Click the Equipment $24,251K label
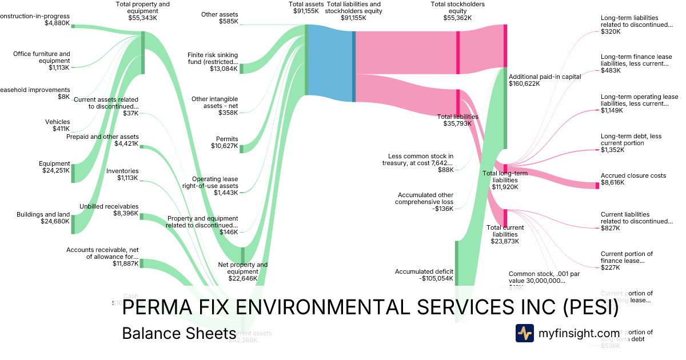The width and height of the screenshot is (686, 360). [x=56, y=167]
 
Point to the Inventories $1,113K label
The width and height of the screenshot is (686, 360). [x=122, y=174]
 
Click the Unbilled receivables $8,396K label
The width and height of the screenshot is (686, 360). [x=109, y=210]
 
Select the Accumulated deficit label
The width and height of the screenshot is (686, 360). [x=424, y=275]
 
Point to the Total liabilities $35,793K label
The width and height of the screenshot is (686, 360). [x=457, y=120]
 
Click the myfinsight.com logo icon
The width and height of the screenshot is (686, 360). [x=524, y=333]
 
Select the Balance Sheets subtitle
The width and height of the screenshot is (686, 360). [x=179, y=334]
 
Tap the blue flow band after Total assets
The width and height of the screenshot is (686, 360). [x=330, y=63]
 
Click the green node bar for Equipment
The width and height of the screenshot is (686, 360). [x=73, y=173]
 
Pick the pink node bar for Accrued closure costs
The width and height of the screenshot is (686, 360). [x=597, y=185]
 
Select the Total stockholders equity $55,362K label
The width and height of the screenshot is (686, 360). [x=457, y=11]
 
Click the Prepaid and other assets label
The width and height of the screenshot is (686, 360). [x=102, y=140]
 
